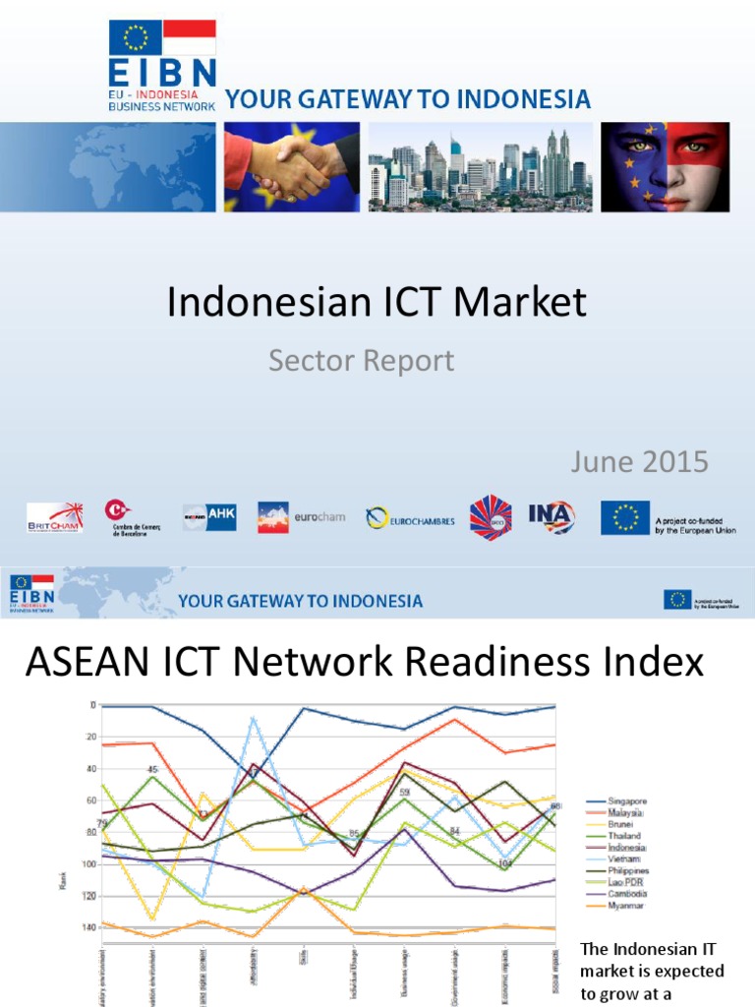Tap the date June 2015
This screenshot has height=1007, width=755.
(x=640, y=461)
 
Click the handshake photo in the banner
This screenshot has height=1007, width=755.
(x=291, y=167)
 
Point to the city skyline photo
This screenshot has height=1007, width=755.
(x=481, y=167)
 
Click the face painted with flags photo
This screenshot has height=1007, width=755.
(x=665, y=167)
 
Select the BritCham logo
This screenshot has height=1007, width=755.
(x=55, y=517)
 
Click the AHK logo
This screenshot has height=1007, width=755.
(x=209, y=517)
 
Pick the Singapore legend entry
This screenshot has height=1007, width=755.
(x=628, y=801)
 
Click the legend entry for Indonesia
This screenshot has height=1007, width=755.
(x=627, y=848)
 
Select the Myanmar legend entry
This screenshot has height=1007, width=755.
(x=626, y=906)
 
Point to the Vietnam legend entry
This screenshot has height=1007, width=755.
(x=625, y=859)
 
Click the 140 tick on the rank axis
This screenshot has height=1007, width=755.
(x=91, y=927)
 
